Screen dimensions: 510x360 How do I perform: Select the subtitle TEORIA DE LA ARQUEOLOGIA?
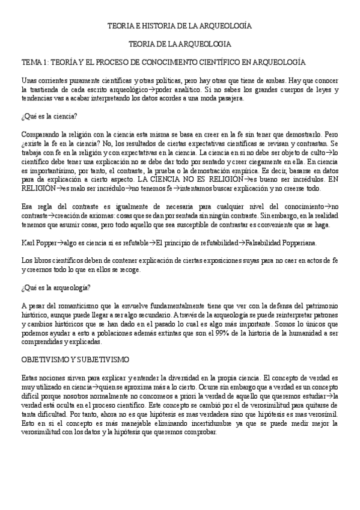click(180, 45)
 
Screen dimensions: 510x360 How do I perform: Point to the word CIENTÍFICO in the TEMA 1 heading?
click(236, 62)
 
